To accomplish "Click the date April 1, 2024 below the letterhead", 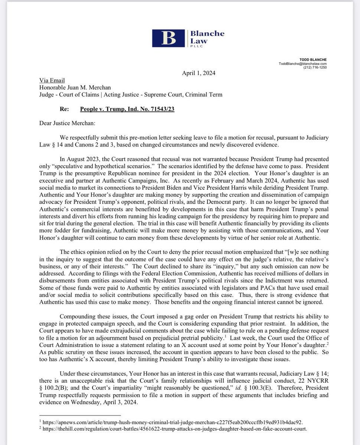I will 199,73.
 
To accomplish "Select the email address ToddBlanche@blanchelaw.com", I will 303,63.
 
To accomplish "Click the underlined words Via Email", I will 52,80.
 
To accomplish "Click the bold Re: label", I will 65,109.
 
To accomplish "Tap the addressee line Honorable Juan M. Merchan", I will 85,88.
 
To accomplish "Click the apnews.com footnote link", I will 173,422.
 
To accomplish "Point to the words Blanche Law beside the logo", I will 207,37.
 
